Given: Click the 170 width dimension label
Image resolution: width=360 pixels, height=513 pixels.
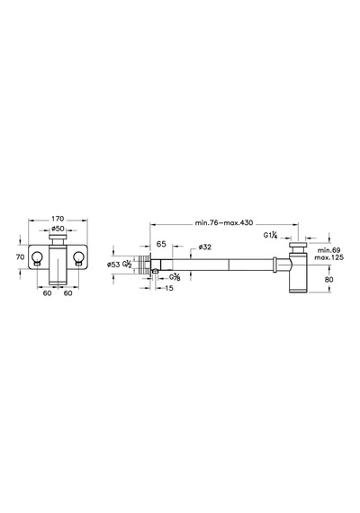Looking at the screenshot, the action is coord(58,218).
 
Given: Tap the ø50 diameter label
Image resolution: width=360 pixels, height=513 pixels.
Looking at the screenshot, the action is coord(58,229).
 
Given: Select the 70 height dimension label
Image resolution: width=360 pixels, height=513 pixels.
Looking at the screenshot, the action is coord(21,257).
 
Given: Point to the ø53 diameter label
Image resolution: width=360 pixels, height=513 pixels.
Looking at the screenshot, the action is coord(113,265).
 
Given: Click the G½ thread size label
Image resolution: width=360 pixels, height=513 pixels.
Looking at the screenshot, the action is coord(127,265).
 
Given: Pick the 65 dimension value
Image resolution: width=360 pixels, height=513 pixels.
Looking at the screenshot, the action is coord(161,244).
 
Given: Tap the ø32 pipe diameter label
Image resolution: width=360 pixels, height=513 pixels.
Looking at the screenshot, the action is coord(204,247).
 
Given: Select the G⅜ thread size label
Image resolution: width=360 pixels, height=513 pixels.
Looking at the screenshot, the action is coord(175,277).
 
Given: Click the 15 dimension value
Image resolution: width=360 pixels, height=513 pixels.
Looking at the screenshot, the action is coord(169,288).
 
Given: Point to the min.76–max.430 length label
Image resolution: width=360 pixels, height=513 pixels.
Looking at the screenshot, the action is coord(224,223).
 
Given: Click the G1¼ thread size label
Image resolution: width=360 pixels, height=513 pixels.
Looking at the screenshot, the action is coord(271,235).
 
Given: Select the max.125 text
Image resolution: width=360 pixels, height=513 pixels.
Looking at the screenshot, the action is coord(328,257).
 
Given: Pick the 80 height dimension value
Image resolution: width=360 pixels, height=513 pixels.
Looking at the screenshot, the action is coord(329,279).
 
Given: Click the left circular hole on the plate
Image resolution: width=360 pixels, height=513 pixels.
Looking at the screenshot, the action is coord(37,257).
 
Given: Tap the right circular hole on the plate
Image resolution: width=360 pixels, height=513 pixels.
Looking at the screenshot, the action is coord(79,257).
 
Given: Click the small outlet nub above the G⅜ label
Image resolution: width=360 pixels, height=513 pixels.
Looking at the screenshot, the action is coord(155,271).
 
